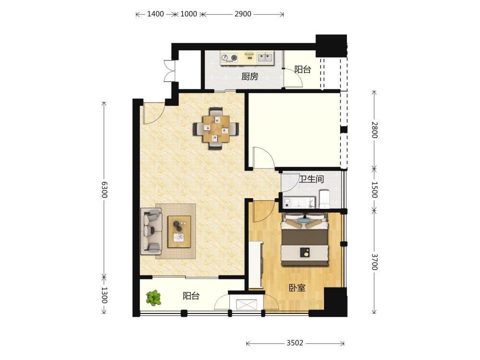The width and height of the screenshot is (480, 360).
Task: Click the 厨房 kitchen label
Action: click(x=250, y=76)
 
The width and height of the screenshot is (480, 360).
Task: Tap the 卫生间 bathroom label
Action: click(x=312, y=179)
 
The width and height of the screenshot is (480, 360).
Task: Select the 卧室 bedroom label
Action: click(x=297, y=288)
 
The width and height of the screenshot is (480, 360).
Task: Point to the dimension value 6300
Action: click(x=104, y=190)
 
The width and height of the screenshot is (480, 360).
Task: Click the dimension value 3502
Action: click(x=295, y=343)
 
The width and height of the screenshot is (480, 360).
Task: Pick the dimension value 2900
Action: click(x=243, y=14)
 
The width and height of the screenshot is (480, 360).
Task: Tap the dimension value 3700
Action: click(x=374, y=262)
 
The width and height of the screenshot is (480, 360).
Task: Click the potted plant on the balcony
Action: click(x=154, y=298)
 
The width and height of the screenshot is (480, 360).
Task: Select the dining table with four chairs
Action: click(x=216, y=129)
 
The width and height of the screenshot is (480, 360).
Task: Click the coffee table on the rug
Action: click(x=179, y=231)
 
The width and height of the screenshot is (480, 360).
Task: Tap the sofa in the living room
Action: click(x=151, y=231)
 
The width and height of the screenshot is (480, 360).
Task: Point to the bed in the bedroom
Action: click(x=305, y=239)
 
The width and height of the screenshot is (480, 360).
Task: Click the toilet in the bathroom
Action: click(x=324, y=199)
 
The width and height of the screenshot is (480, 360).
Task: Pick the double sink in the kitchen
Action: click(x=265, y=57)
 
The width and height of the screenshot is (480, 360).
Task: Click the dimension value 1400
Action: click(x=156, y=14)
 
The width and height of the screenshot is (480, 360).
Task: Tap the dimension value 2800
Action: click(x=374, y=130)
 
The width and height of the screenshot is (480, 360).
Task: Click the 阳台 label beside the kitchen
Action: click(x=303, y=70)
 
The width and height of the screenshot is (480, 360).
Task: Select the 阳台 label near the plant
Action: click(x=191, y=296)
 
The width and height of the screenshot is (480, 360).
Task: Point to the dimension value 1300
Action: click(x=104, y=295)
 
